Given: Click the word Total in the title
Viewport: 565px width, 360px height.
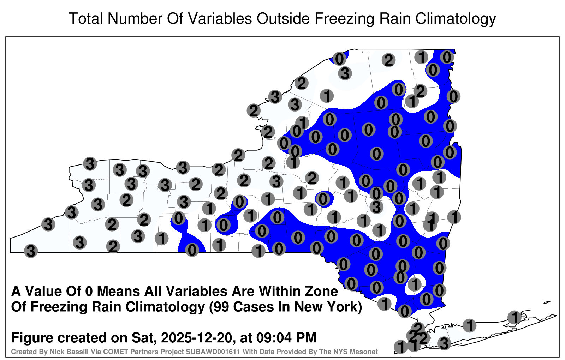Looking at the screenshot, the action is (85, 18).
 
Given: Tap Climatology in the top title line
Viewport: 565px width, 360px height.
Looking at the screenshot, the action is (456, 19).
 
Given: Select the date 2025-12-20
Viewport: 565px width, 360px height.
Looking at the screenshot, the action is (196, 337).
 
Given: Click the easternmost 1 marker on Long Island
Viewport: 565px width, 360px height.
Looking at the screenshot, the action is (514, 317).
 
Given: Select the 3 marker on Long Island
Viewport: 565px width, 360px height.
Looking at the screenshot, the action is (444, 343).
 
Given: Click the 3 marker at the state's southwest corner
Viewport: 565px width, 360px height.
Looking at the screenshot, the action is (31, 251).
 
